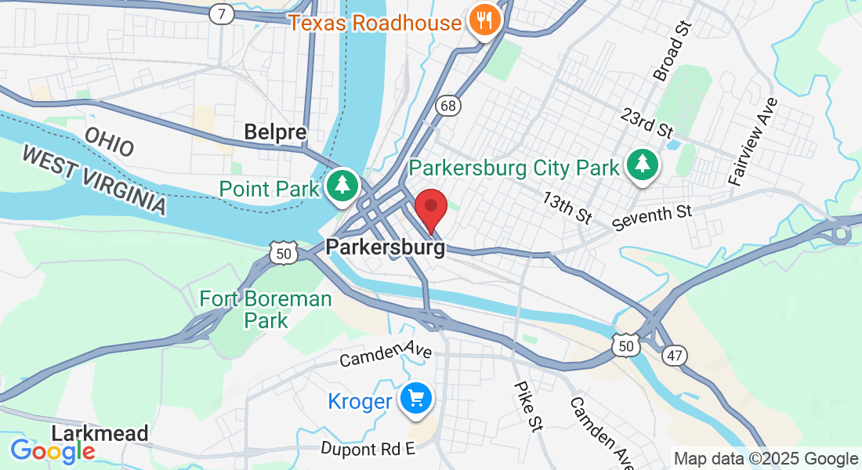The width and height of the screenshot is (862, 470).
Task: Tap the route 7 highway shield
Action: coord(222,13)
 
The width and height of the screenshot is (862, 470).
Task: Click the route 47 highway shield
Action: coord(673,356)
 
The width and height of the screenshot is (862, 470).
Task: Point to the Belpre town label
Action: coord(275,132)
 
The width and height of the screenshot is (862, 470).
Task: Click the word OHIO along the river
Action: coord(110,141)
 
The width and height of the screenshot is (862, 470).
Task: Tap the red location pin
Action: coord(430,209)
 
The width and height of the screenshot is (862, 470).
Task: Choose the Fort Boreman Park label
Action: coord(266,309)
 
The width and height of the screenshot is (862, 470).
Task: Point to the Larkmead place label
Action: coord(100,433)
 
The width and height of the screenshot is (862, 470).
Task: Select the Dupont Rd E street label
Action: coord(368,448)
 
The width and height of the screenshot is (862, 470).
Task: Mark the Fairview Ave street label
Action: coord(752,141)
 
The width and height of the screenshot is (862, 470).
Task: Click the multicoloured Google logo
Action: coord(53,451)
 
